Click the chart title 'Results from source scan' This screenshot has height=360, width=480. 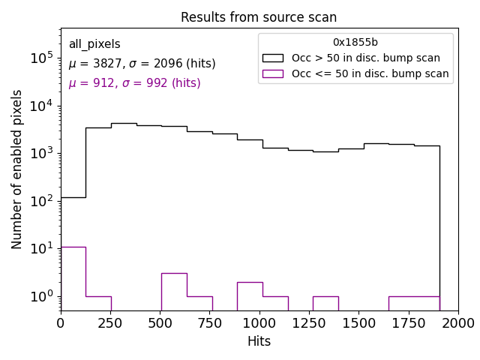[x=259, y=17]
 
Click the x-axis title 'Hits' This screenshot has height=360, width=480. [x=259, y=341]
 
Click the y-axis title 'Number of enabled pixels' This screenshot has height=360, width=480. [x=17, y=169]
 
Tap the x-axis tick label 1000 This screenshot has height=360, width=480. [x=259, y=322]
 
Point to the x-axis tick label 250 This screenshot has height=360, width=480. [x=110, y=322]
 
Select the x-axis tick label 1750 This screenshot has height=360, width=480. [x=409, y=322]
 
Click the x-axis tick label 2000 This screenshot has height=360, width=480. [x=458, y=322]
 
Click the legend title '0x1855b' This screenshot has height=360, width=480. [x=355, y=43]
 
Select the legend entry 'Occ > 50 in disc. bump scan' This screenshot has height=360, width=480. [x=365, y=58]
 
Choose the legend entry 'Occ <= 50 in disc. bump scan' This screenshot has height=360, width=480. [x=370, y=73]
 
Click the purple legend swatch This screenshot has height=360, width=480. [x=273, y=73]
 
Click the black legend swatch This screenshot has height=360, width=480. [x=273, y=58]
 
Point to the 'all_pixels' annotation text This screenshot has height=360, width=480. [x=94, y=44]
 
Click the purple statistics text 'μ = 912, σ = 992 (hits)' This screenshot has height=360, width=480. [x=134, y=83]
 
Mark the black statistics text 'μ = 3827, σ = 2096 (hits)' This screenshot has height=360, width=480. [x=142, y=64]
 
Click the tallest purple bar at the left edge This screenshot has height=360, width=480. [x=73, y=278]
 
